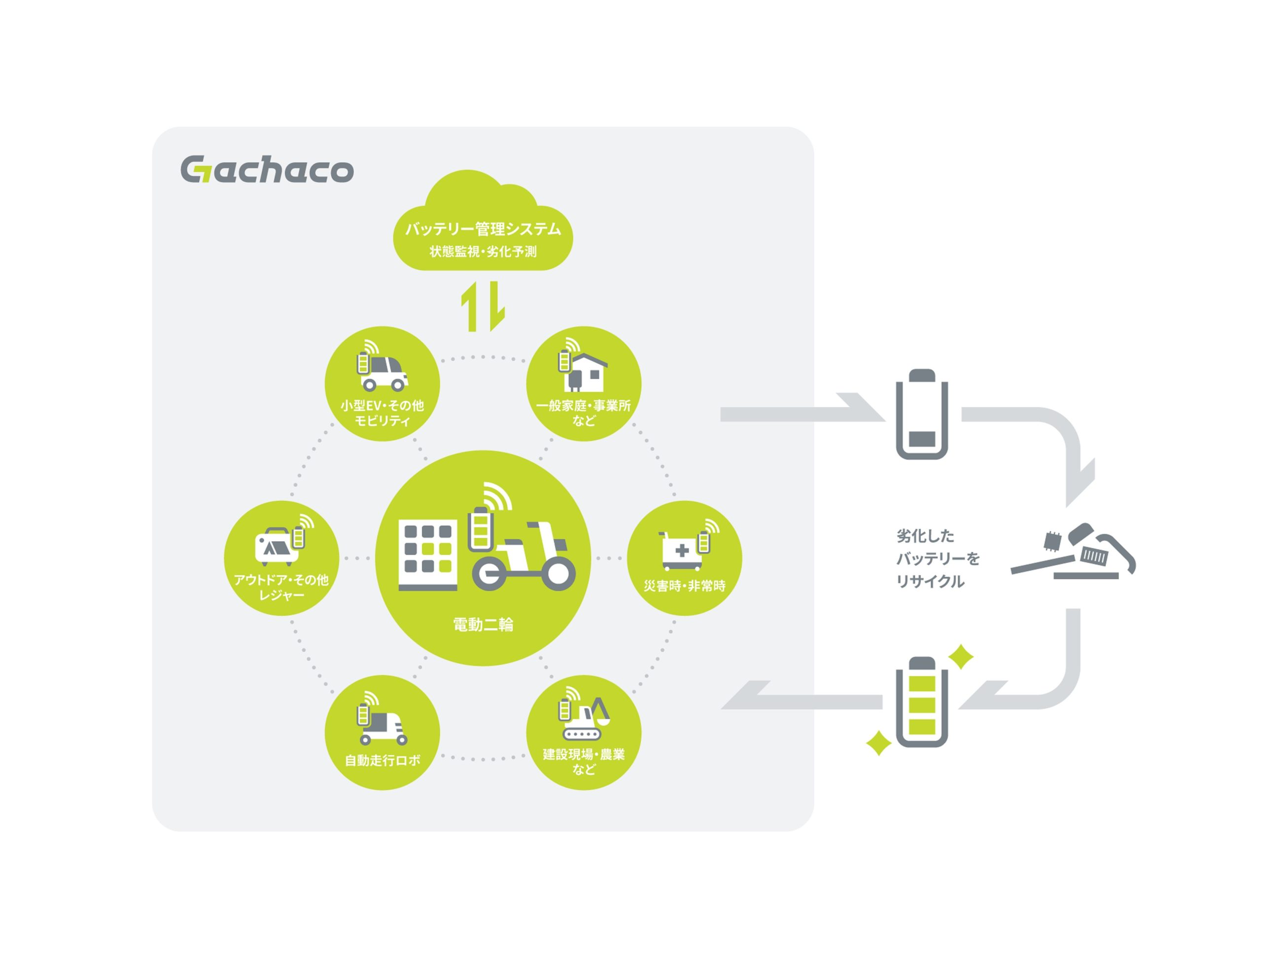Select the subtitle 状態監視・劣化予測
tap(482, 252)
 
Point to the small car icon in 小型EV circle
tap(383, 373)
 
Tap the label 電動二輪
tap(482, 624)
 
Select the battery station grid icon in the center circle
tap(428, 554)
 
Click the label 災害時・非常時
tap(684, 586)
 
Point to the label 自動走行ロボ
tap(382, 760)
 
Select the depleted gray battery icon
tap(921, 414)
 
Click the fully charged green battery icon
tap(921, 701)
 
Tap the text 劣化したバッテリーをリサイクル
tap(937, 558)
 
